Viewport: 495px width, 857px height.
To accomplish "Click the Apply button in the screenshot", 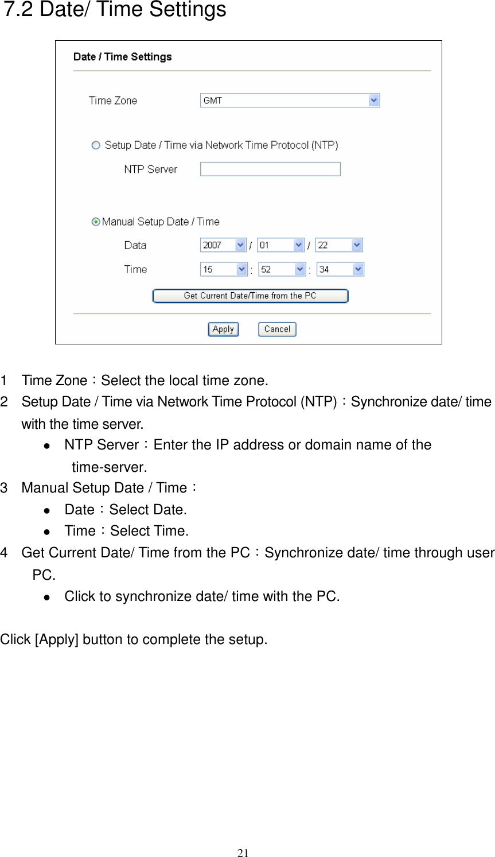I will pos(223,329).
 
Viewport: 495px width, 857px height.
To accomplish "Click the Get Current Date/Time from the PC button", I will pos(250,296).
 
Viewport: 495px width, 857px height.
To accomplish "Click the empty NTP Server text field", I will pos(270,169).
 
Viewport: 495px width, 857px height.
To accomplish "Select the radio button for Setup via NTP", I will pos(96,145).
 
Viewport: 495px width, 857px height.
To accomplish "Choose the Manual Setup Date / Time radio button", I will pos(96,222).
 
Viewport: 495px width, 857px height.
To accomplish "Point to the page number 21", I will pos(243,852).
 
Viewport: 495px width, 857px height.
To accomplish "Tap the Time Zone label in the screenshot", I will pos(113,100).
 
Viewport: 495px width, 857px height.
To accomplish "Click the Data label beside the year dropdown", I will pos(135,245).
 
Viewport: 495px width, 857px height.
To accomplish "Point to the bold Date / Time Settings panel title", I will pos(123,57).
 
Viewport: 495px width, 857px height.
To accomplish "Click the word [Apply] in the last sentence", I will pos(57,639).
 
